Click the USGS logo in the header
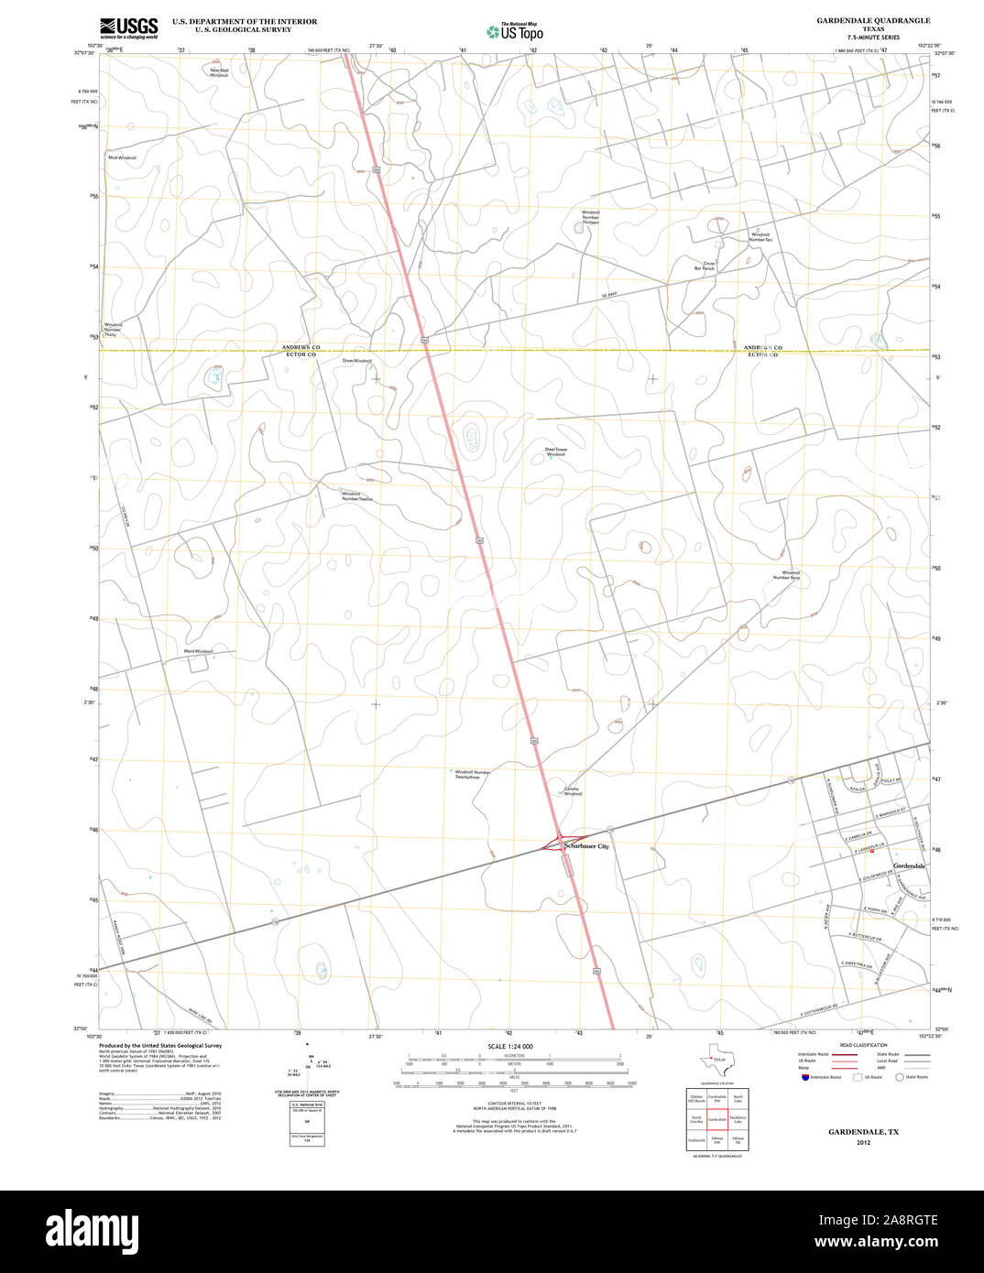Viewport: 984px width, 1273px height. click(x=128, y=27)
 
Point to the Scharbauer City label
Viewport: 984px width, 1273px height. click(x=586, y=846)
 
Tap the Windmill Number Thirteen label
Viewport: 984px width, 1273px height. click(x=590, y=217)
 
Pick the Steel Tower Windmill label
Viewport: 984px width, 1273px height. click(x=556, y=452)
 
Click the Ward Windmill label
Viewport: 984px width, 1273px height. click(x=198, y=651)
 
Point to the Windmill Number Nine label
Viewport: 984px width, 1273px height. click(x=786, y=575)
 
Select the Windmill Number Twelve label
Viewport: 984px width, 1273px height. click(x=357, y=496)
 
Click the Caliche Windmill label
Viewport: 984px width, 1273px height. click(x=572, y=791)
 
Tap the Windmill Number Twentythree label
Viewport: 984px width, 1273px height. click(x=472, y=774)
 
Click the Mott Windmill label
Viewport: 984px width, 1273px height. click(x=122, y=158)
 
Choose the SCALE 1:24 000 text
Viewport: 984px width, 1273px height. click(x=510, y=1046)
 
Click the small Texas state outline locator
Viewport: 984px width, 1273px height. click(x=712, y=1060)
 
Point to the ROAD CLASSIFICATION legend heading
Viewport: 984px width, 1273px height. click(x=865, y=1045)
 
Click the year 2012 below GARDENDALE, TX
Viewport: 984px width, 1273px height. click(x=863, y=1142)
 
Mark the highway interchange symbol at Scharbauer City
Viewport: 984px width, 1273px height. click(x=557, y=843)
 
